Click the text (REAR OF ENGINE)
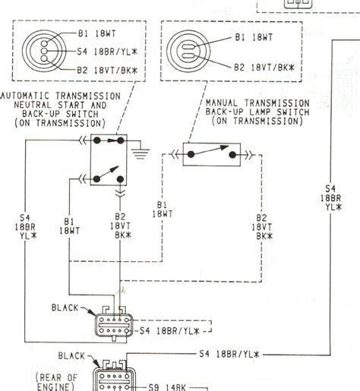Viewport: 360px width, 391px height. tap(58, 380)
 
